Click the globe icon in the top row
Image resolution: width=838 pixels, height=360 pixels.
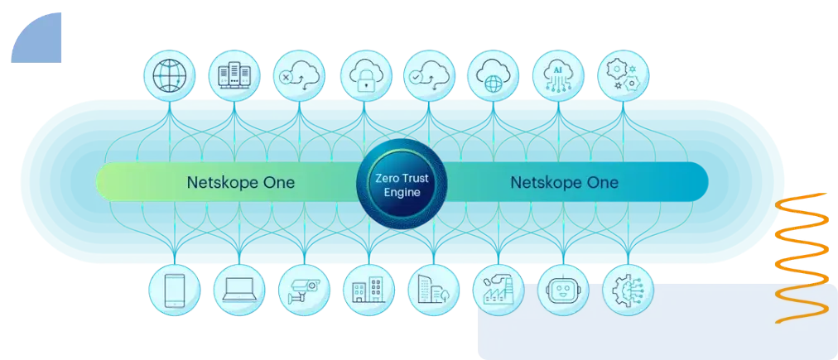(170, 76)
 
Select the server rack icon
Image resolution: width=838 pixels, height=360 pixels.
(234, 76)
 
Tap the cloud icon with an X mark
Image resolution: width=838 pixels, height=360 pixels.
(299, 76)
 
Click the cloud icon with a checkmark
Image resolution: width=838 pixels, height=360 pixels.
(429, 76)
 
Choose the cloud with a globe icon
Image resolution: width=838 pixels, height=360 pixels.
(493, 76)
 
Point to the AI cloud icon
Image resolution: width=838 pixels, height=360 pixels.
(558, 76)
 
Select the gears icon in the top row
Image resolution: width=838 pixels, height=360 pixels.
(624, 76)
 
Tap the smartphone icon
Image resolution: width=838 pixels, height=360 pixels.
(175, 290)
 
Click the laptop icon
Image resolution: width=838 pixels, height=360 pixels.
(239, 290)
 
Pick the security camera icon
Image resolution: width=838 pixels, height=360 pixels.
(305, 290)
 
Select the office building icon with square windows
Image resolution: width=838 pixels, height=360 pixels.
(368, 290)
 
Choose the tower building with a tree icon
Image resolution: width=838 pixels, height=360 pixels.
(433, 290)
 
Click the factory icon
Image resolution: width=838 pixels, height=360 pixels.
(498, 290)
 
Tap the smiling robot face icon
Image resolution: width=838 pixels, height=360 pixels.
(563, 290)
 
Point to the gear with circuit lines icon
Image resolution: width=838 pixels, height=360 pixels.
(628, 290)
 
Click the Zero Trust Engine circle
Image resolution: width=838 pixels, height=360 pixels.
(401, 184)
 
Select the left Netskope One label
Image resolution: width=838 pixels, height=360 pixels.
(240, 182)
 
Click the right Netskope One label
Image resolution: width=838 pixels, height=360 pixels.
(565, 182)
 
